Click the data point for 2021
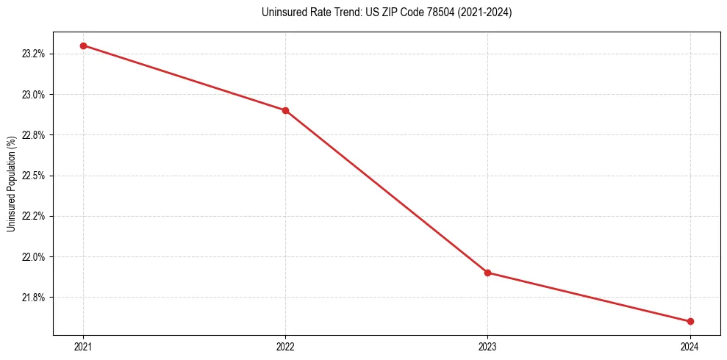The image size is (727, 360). click(83, 46)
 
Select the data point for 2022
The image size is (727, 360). click(285, 110)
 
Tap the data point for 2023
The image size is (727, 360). click(487, 273)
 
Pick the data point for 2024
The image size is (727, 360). click(690, 321)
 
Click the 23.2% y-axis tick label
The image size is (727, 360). click(35, 54)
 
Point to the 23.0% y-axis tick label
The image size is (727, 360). click(35, 94)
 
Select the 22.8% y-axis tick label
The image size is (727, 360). click(35, 135)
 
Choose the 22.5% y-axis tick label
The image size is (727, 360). click(35, 176)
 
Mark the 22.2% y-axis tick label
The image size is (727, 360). click(35, 216)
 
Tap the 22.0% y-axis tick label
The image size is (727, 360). click(35, 257)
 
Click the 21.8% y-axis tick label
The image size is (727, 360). click(35, 298)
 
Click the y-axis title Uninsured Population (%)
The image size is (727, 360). click(12, 183)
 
